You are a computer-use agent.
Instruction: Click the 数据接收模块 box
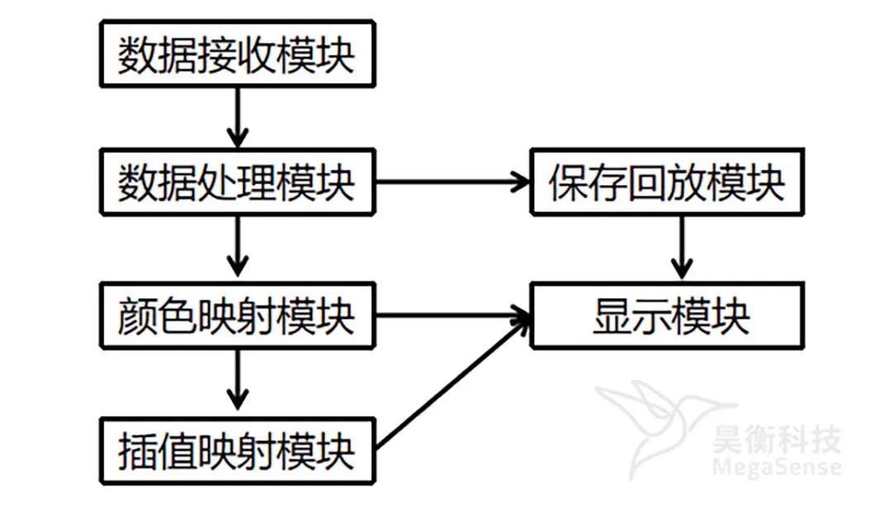[x=237, y=55]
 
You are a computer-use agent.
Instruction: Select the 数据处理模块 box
[x=237, y=183]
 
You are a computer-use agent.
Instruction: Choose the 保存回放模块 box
[x=667, y=183]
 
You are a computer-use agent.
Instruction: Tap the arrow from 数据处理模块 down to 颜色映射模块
[x=237, y=248]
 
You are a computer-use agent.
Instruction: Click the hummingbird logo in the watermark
[x=652, y=421]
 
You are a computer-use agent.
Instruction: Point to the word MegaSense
[x=776, y=467]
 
